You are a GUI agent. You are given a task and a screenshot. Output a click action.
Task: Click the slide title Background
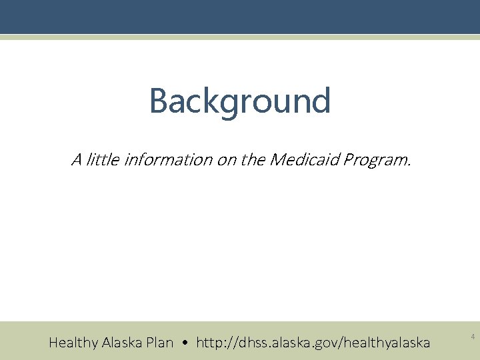point(240,101)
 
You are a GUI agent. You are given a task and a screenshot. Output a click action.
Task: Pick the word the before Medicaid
point(253,160)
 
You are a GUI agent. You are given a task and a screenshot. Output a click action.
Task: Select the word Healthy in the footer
point(73,343)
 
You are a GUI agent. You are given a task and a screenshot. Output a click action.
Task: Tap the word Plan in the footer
point(161,343)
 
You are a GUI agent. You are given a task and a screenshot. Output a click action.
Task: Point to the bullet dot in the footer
point(185,343)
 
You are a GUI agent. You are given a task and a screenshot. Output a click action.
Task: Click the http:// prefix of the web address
point(215,343)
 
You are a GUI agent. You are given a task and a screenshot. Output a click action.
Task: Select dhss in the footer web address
point(251,343)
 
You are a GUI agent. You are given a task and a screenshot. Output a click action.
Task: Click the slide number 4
point(473,338)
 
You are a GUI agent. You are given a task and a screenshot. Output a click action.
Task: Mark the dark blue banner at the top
point(240,17)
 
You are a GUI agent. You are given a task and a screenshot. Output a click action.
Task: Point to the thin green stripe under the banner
point(240,37)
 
